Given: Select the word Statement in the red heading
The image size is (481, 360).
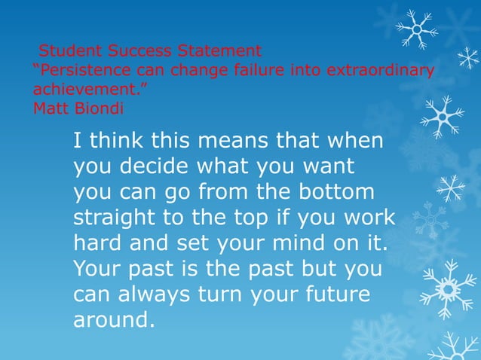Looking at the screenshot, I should [x=219, y=52].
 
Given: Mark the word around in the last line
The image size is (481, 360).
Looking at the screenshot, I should [x=113, y=320].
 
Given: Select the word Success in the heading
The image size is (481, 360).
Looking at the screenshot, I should [x=141, y=52].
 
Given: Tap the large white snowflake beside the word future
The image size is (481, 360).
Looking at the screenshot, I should [x=448, y=288].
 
